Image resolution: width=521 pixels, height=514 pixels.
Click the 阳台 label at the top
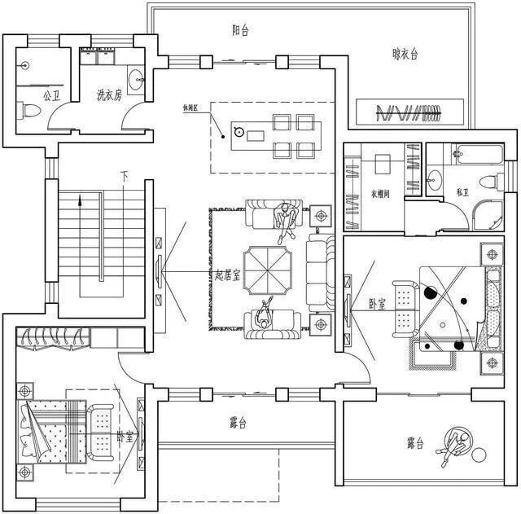(240, 30)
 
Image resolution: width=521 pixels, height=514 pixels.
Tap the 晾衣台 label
(405, 55)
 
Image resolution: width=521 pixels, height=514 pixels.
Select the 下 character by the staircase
(125, 175)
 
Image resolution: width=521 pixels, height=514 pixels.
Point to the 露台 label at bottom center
(238, 423)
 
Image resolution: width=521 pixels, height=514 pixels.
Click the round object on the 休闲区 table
(239, 130)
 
